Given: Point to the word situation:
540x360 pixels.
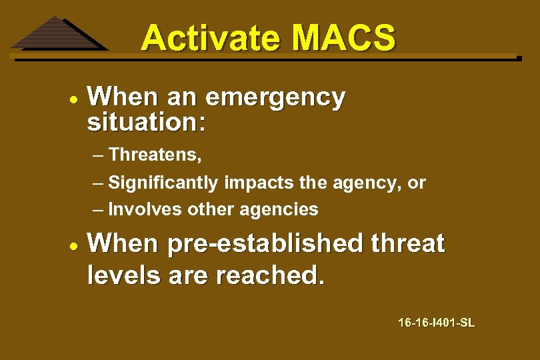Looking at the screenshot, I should point(147,123).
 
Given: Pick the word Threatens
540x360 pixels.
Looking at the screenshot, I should point(155,155).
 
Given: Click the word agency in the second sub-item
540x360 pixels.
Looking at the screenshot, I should point(367,183).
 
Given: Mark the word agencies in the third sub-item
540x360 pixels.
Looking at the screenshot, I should point(279,210).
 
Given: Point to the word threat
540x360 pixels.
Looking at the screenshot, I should point(409,244).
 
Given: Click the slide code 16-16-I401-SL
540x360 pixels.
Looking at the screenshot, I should point(436,323).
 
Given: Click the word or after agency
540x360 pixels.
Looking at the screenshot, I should point(417,183).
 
